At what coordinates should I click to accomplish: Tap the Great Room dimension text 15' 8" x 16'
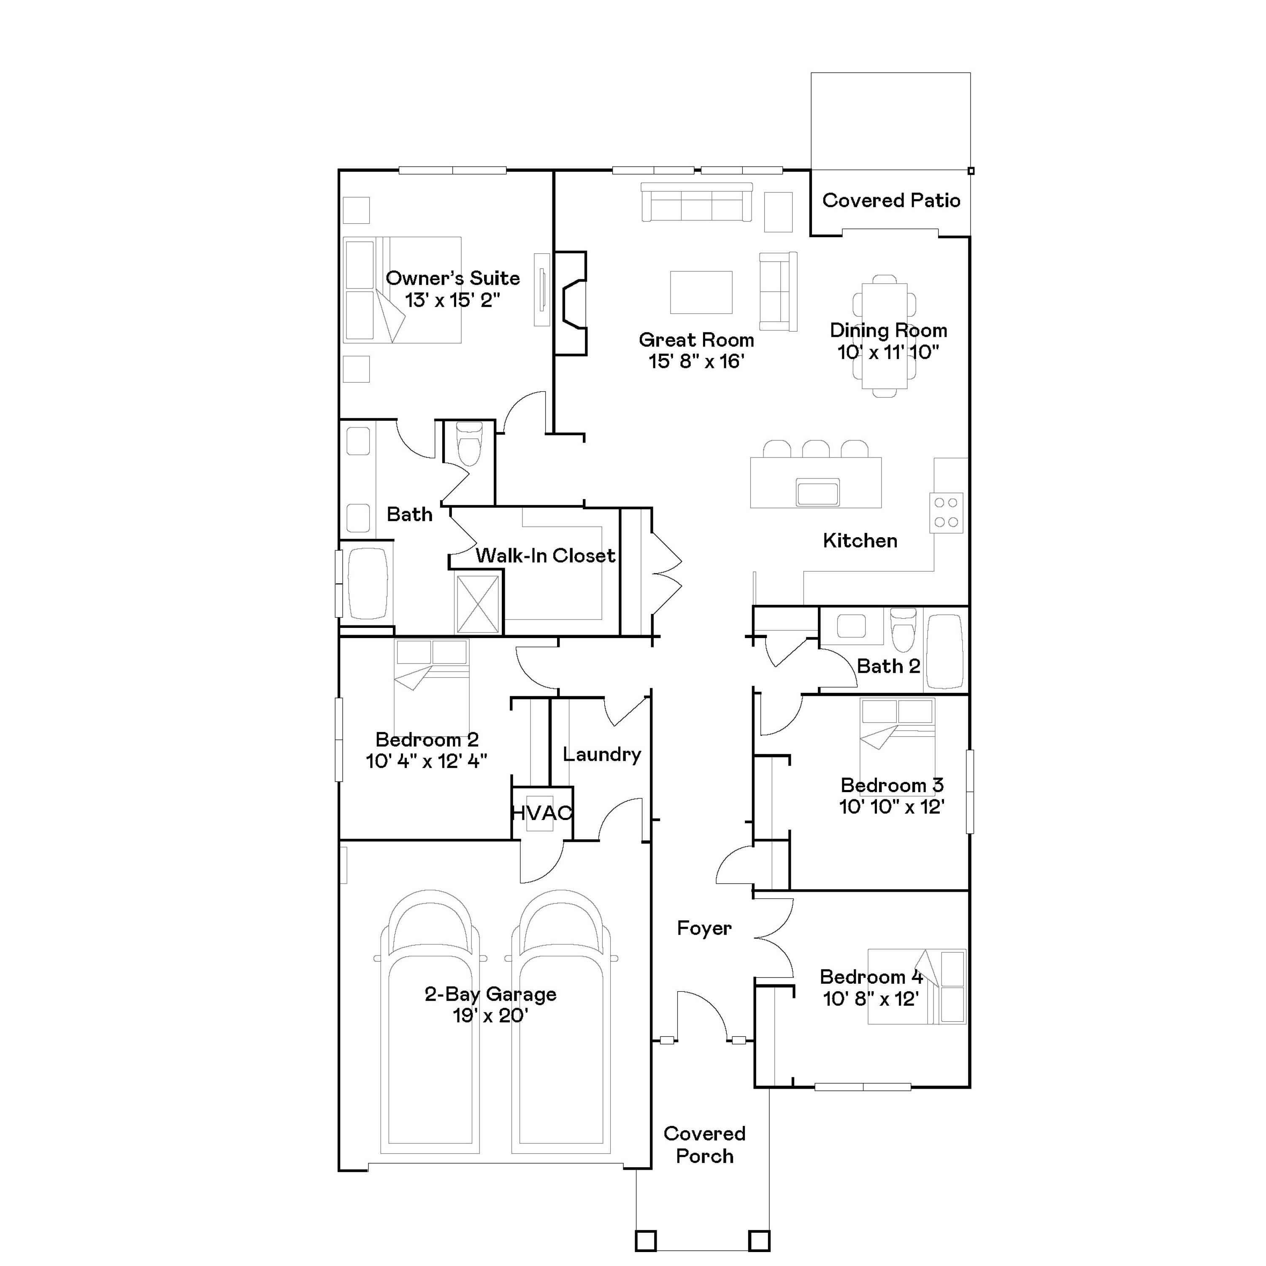pyautogui.click(x=696, y=361)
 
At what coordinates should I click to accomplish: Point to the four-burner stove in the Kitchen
pyautogui.click(x=946, y=512)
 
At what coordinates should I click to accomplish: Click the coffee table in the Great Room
pyautogui.click(x=701, y=292)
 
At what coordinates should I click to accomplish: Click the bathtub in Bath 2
pyautogui.click(x=945, y=651)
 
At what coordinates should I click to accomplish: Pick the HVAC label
pyautogui.click(x=541, y=813)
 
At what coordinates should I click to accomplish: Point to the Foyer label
pyautogui.click(x=704, y=928)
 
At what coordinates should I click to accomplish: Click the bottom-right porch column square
pyautogui.click(x=759, y=1240)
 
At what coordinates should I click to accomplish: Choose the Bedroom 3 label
pyautogui.click(x=891, y=785)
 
